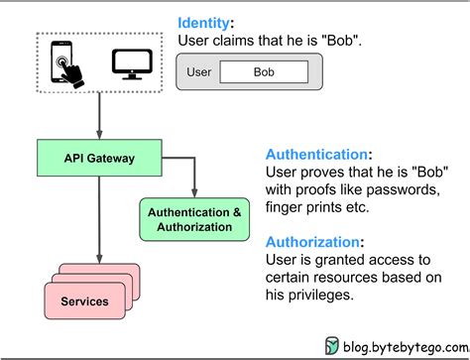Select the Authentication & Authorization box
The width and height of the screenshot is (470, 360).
pos(194,219)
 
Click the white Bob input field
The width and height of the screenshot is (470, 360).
pos(264,72)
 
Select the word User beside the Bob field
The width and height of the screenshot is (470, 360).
pos(198,72)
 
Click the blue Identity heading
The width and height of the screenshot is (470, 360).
pos(205,22)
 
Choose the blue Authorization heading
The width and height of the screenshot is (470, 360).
pos(309,240)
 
